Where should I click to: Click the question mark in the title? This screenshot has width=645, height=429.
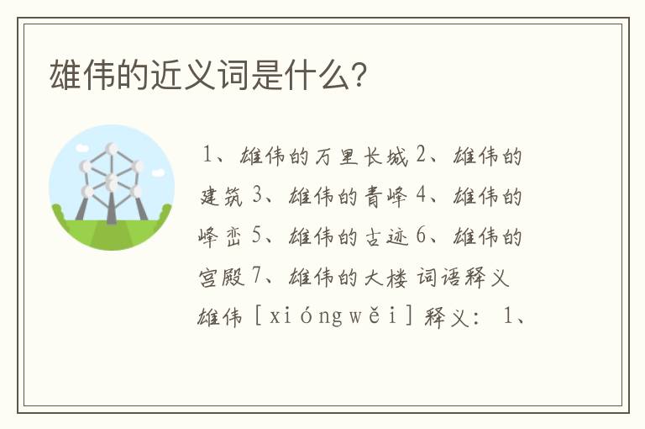pos(359,77)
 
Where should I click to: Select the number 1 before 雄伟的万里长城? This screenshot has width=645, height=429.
pos(208,157)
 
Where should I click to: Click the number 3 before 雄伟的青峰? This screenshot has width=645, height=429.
pos(258,198)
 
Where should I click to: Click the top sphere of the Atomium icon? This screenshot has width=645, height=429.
pos(112,149)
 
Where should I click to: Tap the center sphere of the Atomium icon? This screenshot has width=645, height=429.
pos(112,180)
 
